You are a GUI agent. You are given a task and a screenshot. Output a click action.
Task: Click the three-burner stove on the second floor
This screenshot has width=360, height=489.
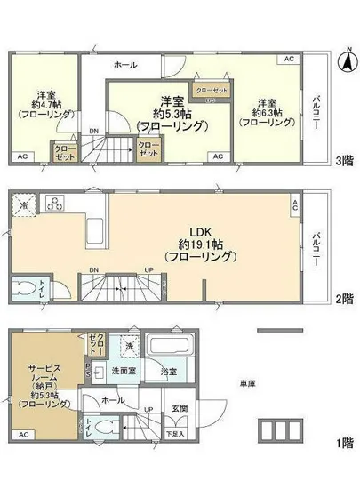pos(54,202)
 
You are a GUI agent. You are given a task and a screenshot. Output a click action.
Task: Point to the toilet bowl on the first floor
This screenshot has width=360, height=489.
pos(104,428)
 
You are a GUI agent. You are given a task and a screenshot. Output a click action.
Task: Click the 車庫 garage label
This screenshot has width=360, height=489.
pos(247,383)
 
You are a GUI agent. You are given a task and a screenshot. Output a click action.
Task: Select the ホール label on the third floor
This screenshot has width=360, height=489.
pos(124,65)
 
